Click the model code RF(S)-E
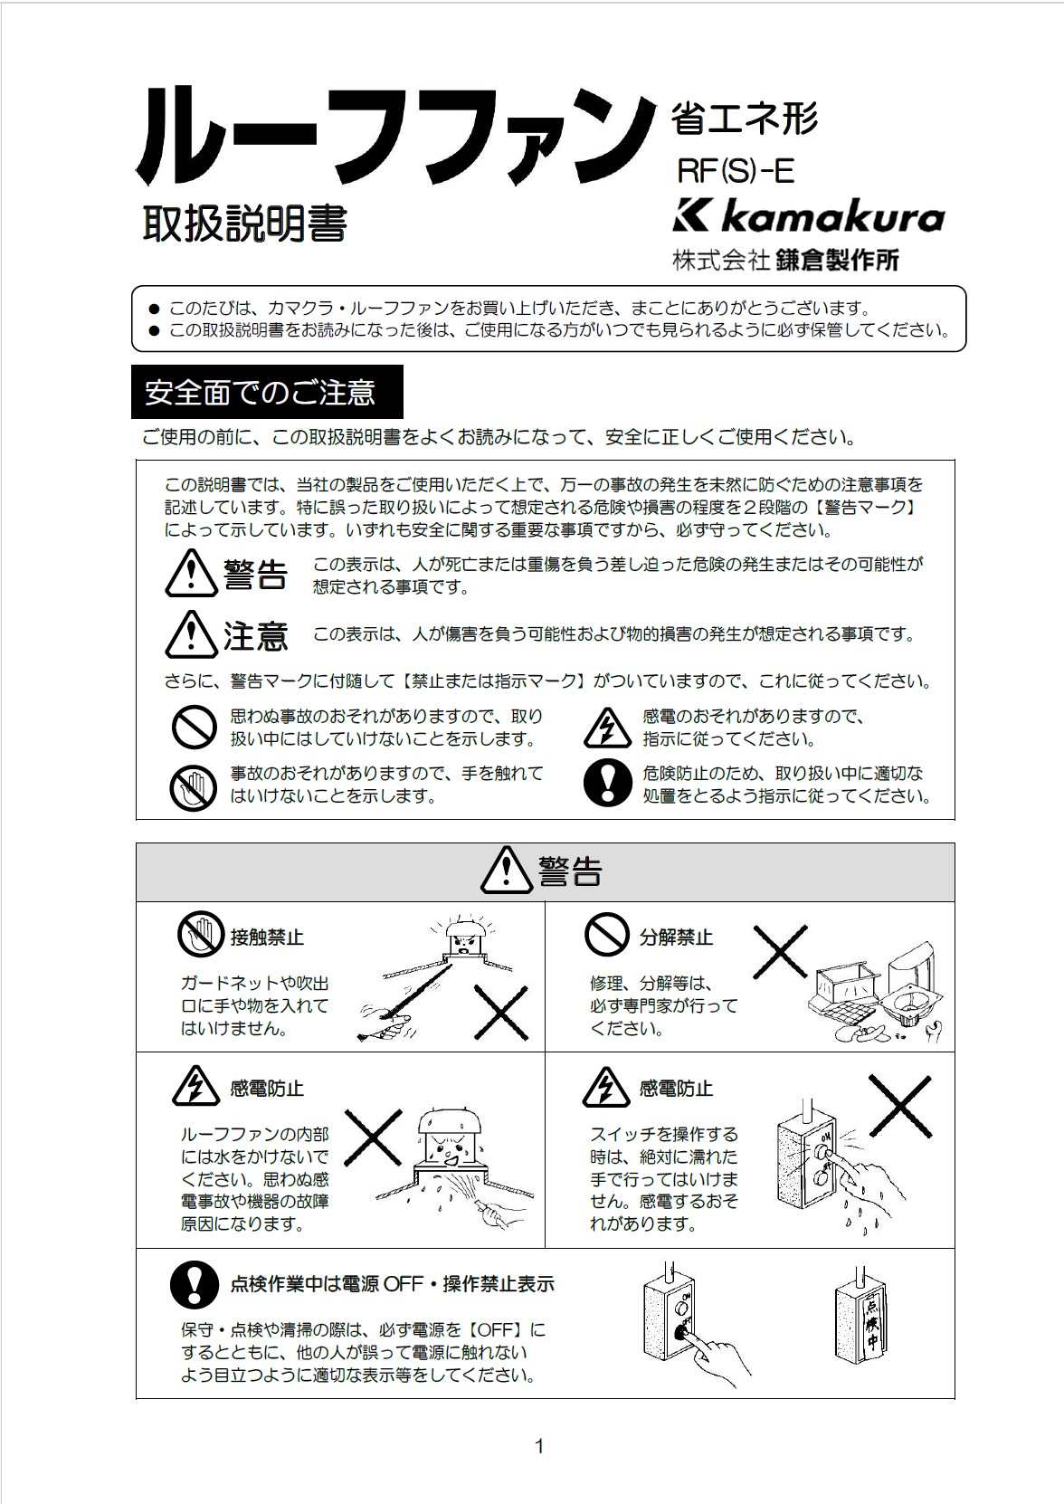coord(736,170)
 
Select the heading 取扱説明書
coord(244,224)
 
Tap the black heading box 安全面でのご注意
coord(267,392)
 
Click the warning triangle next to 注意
coord(191,634)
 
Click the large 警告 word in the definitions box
coord(255,575)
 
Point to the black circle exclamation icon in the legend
coord(607,783)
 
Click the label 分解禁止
coord(676,938)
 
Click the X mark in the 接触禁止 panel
coord(500,1013)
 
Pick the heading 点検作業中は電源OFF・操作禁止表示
coord(392,1283)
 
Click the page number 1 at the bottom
coord(539,1446)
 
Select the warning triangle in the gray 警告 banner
coord(507,871)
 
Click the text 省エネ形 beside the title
coord(744,119)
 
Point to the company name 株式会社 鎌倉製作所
coord(784,261)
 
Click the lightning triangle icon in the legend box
coord(606,728)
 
